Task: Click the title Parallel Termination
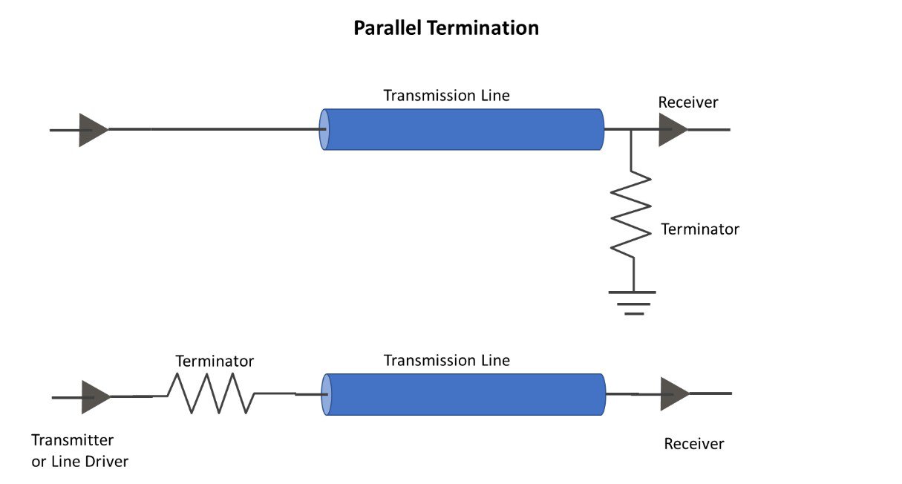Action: point(445,28)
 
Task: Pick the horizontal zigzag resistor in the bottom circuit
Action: point(212,393)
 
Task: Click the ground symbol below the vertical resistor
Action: point(633,301)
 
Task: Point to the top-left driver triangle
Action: point(93,130)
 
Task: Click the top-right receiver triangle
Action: point(672,130)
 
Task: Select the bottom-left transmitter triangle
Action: point(95,397)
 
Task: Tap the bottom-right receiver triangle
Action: point(674,393)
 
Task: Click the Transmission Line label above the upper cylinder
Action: point(446,96)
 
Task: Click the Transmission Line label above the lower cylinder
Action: point(446,361)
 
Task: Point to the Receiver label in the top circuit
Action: point(688,102)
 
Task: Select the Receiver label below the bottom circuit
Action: point(693,444)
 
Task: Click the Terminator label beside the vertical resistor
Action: point(700,229)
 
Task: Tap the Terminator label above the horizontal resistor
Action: point(215,362)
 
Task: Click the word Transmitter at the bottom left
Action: point(72,439)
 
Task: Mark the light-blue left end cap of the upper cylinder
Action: point(324,130)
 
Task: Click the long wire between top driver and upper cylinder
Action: point(215,129)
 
